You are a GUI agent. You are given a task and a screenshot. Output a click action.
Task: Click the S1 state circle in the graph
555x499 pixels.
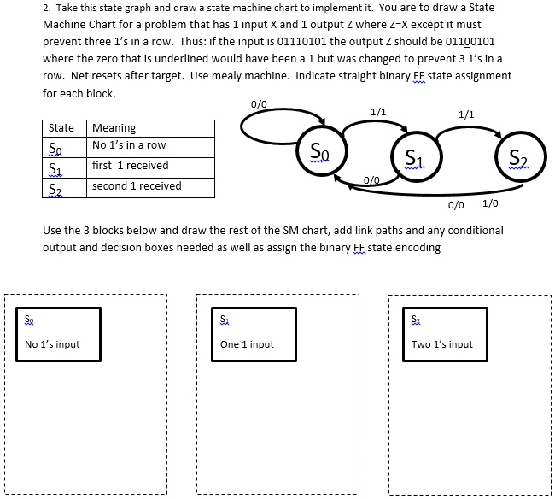(x=412, y=158)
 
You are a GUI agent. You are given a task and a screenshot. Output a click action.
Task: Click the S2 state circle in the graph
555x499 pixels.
(x=517, y=158)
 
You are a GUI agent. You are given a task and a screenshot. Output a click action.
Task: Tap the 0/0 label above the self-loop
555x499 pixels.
(x=259, y=104)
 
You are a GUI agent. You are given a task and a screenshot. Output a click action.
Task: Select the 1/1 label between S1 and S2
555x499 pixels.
(x=466, y=114)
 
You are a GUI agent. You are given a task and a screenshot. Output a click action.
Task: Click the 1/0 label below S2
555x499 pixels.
(x=491, y=203)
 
